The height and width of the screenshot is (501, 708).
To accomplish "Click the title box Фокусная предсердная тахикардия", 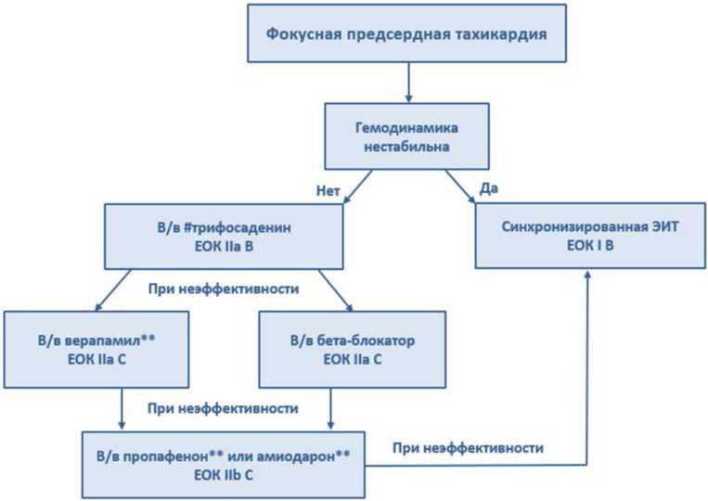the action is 406,33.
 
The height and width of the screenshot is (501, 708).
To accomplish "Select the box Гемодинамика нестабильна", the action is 406,136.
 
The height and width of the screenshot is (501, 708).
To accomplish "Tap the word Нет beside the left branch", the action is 328,191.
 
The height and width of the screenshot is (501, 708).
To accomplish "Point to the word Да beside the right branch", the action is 489,188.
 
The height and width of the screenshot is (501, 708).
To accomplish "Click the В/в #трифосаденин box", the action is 224,237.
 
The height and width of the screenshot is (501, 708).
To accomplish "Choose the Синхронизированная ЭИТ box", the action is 590,236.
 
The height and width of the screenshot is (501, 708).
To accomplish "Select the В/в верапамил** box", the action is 97,350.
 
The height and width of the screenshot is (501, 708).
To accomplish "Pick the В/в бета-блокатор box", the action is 353,350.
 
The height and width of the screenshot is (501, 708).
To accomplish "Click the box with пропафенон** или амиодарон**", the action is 223,465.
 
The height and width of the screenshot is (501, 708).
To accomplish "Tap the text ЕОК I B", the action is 590,246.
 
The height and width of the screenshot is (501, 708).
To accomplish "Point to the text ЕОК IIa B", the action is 224,247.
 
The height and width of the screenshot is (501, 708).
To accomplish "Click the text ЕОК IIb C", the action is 223,475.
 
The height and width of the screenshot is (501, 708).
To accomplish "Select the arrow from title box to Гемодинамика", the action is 408,83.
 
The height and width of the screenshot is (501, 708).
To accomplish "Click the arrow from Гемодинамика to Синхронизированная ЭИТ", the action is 460,186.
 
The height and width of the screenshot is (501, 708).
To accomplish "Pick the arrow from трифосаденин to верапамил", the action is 113,290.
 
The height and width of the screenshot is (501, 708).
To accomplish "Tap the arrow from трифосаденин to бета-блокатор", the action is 336,290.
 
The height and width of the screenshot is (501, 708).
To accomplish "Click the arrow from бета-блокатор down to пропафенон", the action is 330,408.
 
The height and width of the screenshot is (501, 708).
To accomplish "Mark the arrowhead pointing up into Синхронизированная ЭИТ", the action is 587,274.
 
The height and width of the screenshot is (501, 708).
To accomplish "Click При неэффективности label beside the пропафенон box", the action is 468,448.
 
